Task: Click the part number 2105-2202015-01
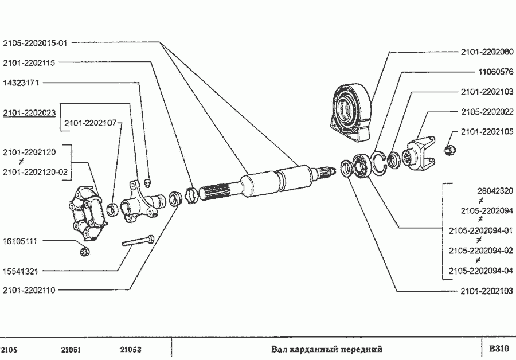click(x=36, y=42)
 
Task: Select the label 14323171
click(x=21, y=83)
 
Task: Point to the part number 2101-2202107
click(x=90, y=122)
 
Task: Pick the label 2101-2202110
click(x=29, y=290)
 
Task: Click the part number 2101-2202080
click(x=487, y=52)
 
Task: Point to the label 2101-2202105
click(x=487, y=131)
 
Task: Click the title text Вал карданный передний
click(x=326, y=349)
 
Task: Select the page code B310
click(x=499, y=349)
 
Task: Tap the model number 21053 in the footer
click(x=131, y=349)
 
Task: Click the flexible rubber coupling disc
click(x=86, y=212)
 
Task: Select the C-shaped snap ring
click(x=379, y=161)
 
